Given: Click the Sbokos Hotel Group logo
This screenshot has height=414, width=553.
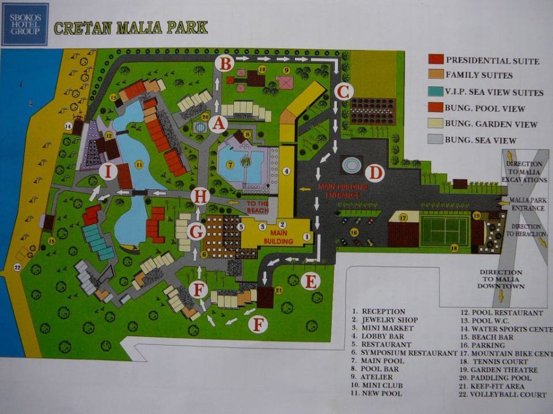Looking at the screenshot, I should [25, 24].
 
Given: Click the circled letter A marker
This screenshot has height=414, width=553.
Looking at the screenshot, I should [218, 123].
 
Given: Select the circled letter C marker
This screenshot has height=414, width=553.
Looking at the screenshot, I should [343, 91].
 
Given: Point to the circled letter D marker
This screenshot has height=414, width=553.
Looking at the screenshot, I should [374, 172].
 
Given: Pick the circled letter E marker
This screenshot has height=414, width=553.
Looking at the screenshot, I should [310, 281].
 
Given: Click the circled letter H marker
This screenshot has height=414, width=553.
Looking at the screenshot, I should [200, 196].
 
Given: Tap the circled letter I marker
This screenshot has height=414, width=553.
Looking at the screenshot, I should [108, 170].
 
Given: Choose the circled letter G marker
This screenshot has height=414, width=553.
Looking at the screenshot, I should [197, 232].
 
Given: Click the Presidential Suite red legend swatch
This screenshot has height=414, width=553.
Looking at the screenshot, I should [436, 59].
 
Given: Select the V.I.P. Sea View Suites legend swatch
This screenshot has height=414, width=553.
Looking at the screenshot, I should [436, 91].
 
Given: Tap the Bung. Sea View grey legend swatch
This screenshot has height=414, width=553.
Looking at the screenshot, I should [436, 140].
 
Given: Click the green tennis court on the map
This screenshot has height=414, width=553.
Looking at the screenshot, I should [444, 231].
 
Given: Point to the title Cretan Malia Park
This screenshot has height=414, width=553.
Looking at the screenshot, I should [131, 28].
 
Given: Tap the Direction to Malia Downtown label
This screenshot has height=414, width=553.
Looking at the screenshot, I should [501, 279].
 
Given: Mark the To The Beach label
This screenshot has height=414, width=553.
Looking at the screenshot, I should [257, 207].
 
